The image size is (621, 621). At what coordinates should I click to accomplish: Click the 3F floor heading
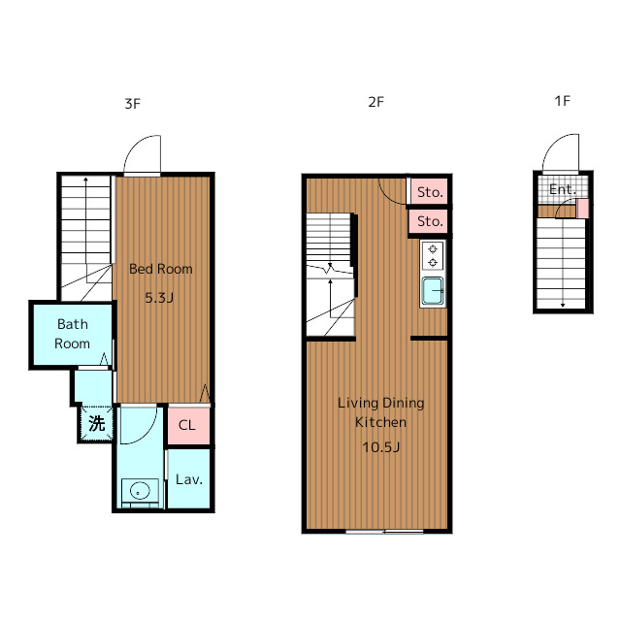coord(133,104)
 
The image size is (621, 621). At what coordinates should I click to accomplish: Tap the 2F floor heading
coord(376,102)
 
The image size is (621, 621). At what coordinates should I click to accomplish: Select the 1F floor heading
coord(562,101)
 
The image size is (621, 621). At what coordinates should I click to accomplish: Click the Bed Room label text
coord(161,269)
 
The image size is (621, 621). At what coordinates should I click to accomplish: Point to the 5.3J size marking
coord(159,298)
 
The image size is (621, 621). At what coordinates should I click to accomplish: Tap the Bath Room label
coord(72,334)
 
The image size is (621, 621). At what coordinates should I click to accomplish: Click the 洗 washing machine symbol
coord(97,423)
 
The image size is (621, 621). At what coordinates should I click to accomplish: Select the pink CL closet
coord(188,425)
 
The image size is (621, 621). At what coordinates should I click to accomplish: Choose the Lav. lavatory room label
coord(189,479)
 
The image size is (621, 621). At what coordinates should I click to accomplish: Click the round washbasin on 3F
coord(140,491)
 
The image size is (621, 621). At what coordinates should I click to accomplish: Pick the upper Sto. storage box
coord(429,192)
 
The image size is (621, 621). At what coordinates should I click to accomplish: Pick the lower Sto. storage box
coord(429,221)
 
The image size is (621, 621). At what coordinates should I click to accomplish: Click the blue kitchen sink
coord(433,290)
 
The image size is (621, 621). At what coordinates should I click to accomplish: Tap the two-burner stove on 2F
coord(433,255)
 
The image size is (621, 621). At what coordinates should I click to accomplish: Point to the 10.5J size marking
coord(380,447)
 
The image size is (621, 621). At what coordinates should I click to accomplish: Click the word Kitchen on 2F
coord(380,422)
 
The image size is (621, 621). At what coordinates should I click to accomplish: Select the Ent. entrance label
coord(563,190)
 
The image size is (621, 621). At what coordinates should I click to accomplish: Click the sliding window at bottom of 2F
coord(384,532)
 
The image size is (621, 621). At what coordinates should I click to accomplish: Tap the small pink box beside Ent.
coord(582,209)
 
